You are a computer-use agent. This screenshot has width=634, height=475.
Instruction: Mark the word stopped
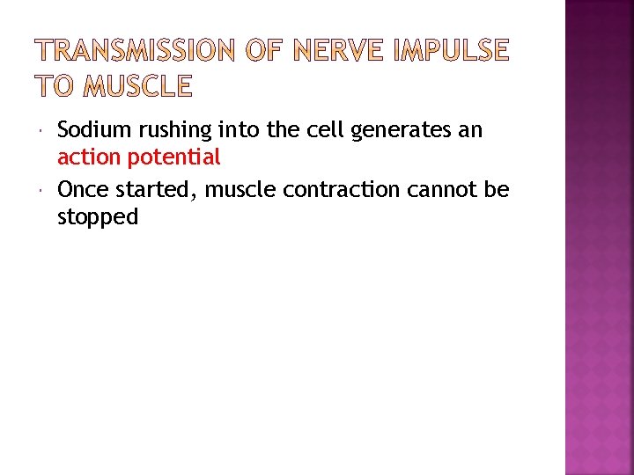[98, 216]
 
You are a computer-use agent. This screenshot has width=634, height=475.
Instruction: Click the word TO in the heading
[55, 85]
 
